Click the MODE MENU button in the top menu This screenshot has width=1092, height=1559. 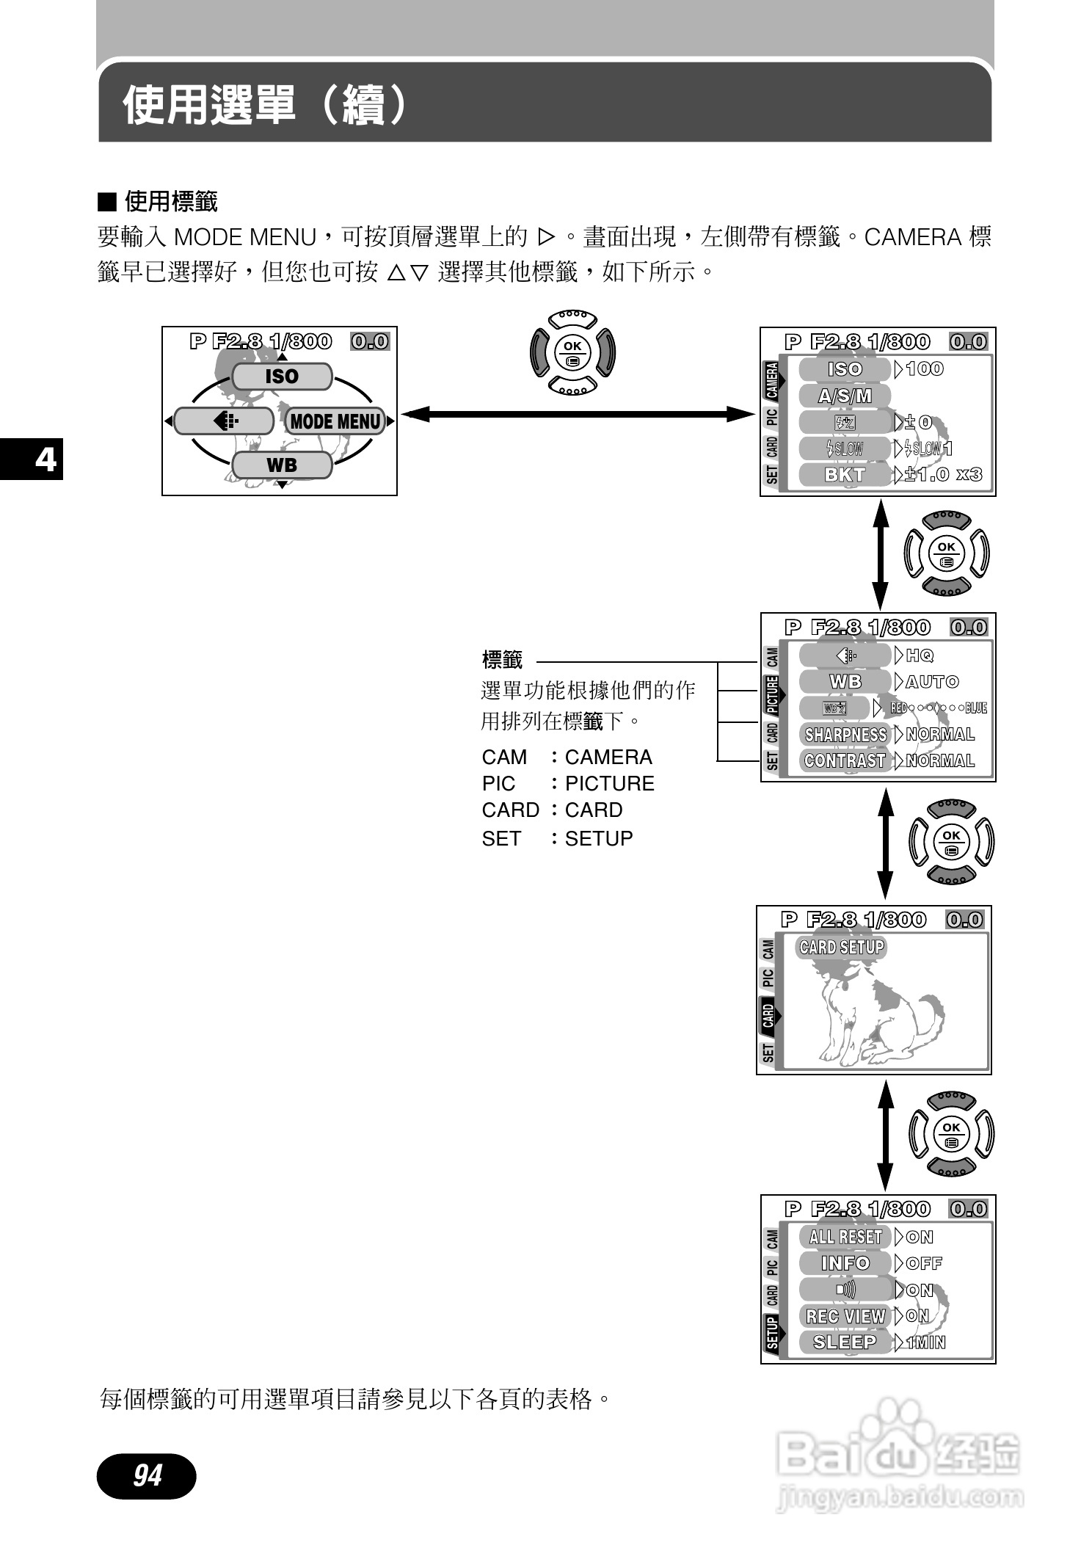[x=335, y=421]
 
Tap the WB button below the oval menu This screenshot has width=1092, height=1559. [x=282, y=465]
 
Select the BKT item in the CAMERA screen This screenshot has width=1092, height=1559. [x=845, y=475]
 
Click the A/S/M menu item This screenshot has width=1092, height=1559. [x=845, y=396]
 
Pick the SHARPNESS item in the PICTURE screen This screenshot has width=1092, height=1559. [x=845, y=735]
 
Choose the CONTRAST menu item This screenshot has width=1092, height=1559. [x=845, y=761]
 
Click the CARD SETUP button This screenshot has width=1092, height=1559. [x=842, y=947]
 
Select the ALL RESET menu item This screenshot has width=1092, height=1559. [x=845, y=1237]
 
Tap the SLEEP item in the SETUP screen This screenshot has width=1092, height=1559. [x=845, y=1342]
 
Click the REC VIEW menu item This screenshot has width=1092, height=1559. [x=845, y=1316]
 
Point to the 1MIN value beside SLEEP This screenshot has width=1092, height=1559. [x=926, y=1343]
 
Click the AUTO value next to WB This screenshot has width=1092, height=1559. [x=932, y=682]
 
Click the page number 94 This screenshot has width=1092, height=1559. [x=147, y=1475]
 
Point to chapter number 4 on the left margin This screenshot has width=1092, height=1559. [x=45, y=459]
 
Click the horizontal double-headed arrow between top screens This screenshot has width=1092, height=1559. [x=578, y=415]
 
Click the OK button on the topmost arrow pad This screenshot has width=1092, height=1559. [x=572, y=346]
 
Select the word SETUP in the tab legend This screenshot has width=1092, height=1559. [x=599, y=838]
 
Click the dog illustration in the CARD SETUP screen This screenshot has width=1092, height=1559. [x=881, y=1013]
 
